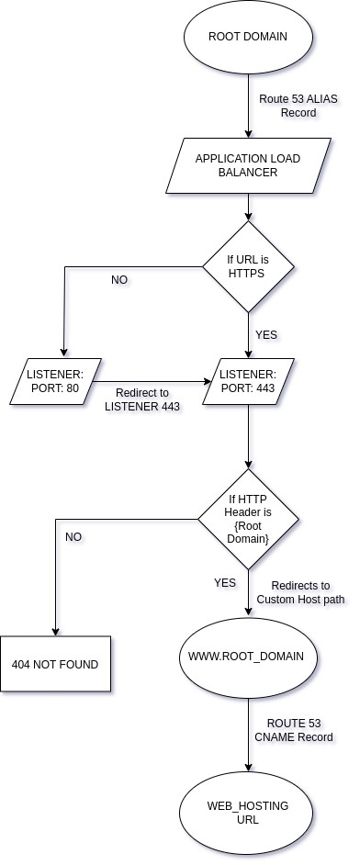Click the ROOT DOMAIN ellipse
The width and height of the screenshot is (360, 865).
point(248,38)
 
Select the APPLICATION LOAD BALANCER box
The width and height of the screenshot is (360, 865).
point(248,165)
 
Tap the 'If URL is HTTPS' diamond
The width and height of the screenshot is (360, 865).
point(248,267)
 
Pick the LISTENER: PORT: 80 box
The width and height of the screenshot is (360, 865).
point(56,381)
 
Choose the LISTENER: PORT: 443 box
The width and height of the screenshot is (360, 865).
point(248,381)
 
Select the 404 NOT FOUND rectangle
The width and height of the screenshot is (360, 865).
point(56,663)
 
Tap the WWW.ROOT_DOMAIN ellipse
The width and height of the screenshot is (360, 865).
point(248,658)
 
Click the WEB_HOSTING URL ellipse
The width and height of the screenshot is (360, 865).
point(248,812)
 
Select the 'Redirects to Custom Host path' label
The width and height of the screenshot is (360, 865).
point(301,592)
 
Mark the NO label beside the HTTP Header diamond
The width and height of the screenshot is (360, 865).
point(73,535)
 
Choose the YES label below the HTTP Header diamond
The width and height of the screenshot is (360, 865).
point(224,582)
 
